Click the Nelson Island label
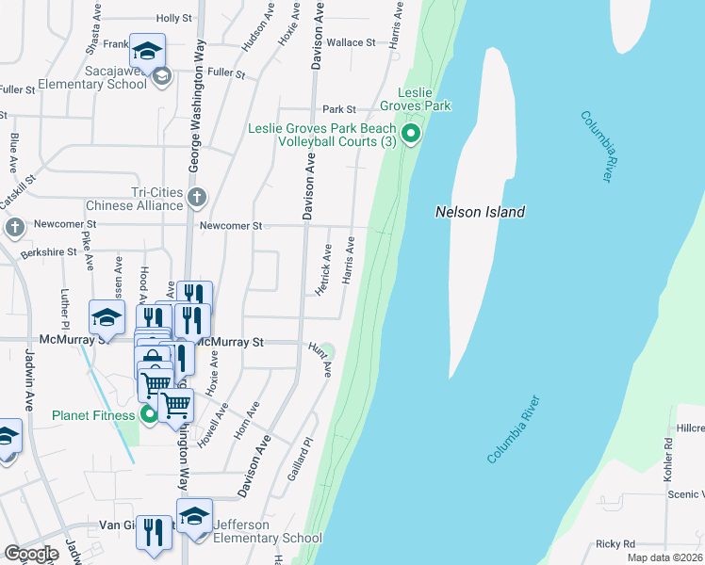tap(480, 212)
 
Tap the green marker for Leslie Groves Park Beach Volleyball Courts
tap(410, 135)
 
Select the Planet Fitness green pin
tap(149, 414)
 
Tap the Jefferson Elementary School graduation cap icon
tap(194, 518)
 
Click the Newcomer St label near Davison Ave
tap(230, 225)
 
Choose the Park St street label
tap(338, 109)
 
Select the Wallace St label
tap(351, 42)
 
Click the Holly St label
tap(174, 18)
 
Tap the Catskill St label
tap(18, 190)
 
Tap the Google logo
tap(32, 554)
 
